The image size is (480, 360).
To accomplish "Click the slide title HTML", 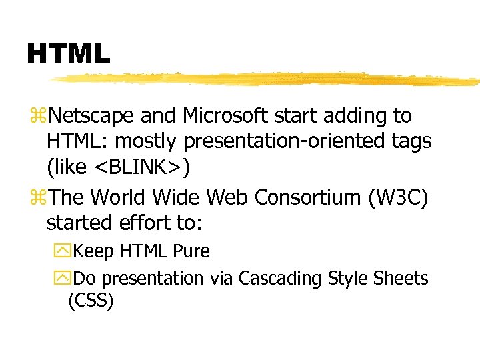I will (x=68, y=53).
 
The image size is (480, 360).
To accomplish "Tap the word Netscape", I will (x=93, y=116).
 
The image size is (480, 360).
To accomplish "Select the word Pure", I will (x=191, y=251).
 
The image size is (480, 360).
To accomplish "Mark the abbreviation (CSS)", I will (x=91, y=301).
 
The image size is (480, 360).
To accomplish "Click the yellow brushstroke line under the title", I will (x=267, y=79).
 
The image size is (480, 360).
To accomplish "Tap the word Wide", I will (x=177, y=197).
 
